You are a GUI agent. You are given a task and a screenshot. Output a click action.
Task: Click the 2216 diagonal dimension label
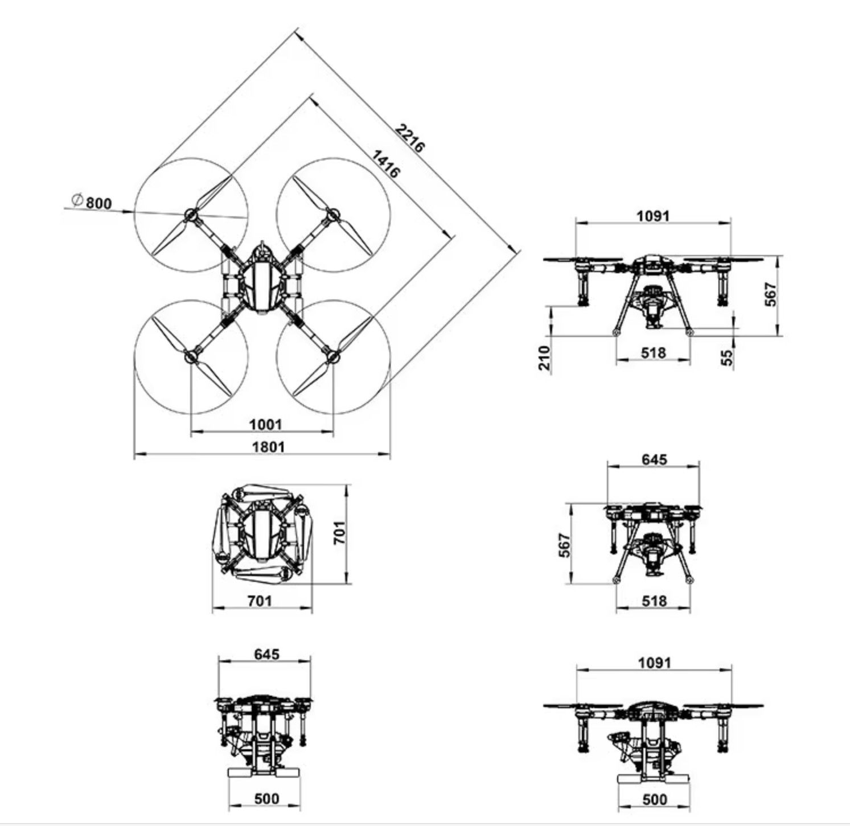click(410, 138)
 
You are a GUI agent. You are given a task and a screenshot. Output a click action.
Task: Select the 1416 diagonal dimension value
click(386, 163)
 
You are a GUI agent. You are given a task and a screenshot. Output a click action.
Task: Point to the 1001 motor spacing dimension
click(265, 425)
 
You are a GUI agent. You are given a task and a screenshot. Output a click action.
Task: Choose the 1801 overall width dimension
click(268, 447)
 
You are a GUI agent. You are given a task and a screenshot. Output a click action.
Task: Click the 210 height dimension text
click(545, 357)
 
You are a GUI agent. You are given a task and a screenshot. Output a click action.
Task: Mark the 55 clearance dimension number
click(727, 357)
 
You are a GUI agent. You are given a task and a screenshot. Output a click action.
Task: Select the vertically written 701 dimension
click(339, 533)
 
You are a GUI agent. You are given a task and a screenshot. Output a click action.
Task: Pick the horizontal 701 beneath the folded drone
click(260, 601)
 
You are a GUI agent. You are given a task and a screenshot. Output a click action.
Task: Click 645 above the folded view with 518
click(654, 459)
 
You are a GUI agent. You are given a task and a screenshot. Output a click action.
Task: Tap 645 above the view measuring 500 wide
click(266, 654)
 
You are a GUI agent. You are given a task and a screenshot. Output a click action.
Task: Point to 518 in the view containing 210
click(653, 353)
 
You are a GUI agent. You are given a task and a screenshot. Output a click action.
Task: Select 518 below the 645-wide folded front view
click(654, 601)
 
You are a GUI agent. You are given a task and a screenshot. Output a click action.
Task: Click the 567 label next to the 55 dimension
click(770, 294)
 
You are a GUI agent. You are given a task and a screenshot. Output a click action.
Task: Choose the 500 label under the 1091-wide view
click(654, 799)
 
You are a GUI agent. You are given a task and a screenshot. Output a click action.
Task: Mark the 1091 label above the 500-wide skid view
click(654, 663)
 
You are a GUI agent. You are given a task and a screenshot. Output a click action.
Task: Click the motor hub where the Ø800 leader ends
click(190, 215)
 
